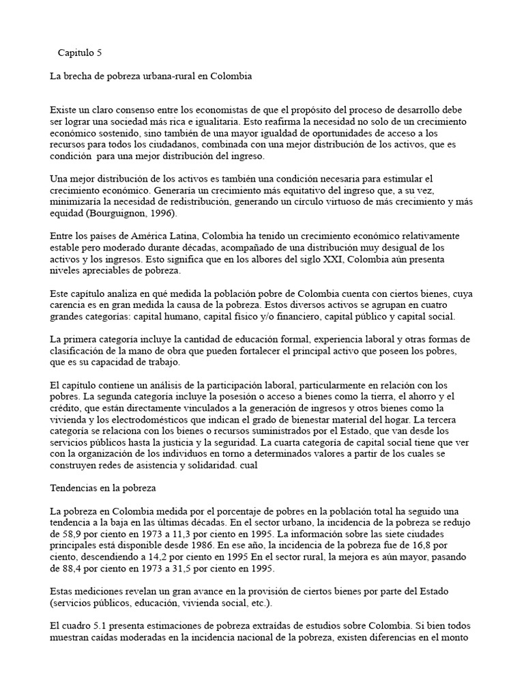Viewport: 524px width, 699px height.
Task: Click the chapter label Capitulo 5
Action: tap(79, 52)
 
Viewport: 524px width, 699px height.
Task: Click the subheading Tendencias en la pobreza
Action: tap(104, 488)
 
